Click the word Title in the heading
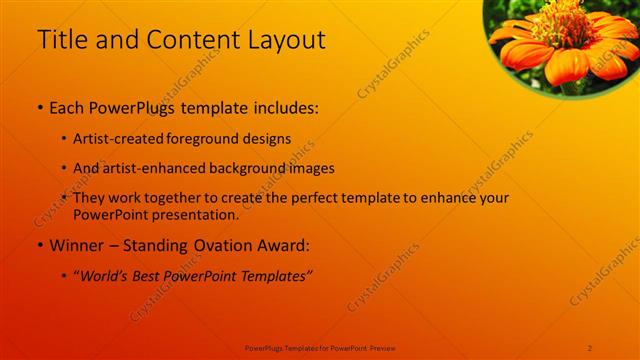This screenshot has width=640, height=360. [59, 40]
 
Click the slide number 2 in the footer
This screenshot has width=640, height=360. [590, 347]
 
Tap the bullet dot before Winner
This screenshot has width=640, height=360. [40, 245]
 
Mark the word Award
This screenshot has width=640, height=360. [289, 245]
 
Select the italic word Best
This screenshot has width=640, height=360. [151, 275]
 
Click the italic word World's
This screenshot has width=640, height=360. [105, 275]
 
